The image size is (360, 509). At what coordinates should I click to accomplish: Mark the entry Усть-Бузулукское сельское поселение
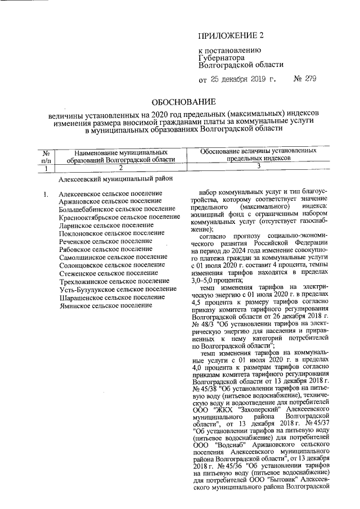pos(118,289)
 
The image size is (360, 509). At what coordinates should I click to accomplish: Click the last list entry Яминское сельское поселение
pos(106,305)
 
